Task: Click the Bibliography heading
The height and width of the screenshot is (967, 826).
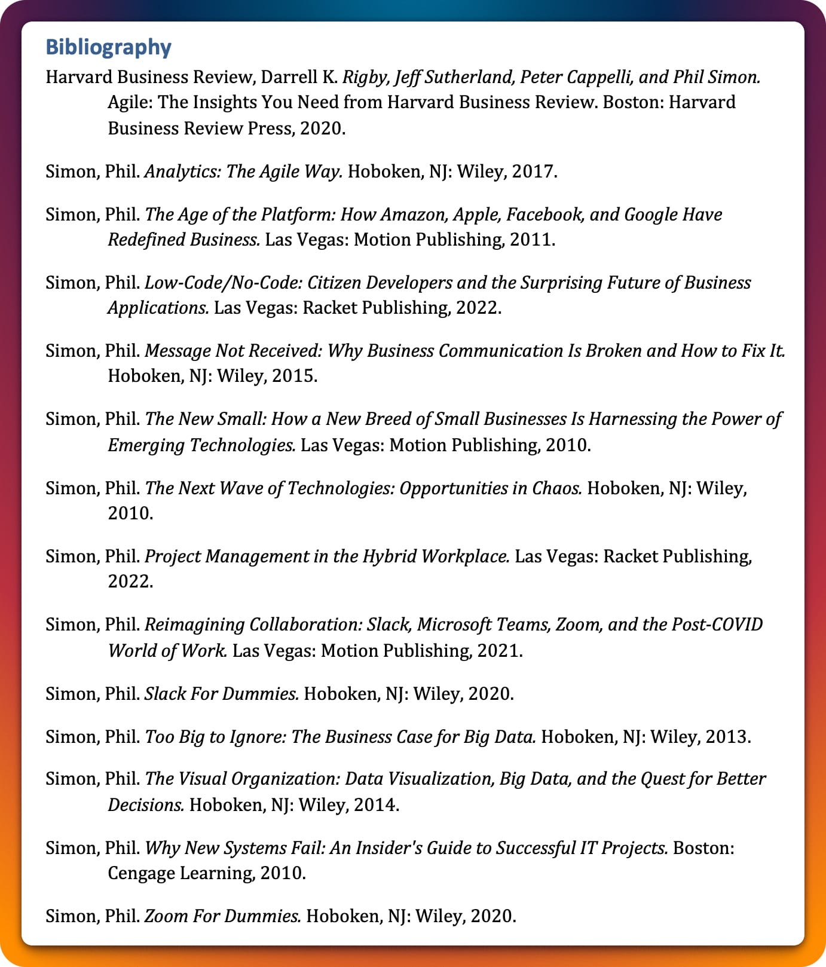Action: pos(108,47)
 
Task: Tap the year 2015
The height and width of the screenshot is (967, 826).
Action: pos(294,376)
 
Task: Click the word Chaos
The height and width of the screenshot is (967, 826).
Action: pos(556,488)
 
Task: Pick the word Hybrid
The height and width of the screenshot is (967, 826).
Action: pos(388,556)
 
